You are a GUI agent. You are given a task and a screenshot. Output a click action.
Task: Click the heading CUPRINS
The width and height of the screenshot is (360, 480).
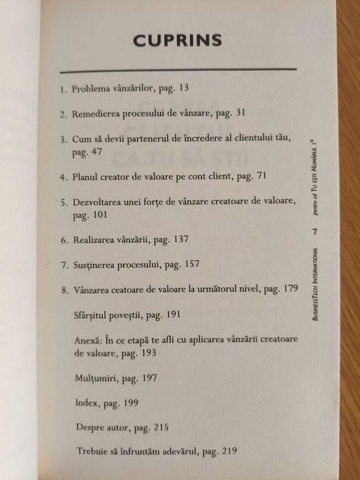pos(178,40)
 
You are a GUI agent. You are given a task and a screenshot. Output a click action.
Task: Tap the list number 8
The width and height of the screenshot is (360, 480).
pos(63,290)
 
